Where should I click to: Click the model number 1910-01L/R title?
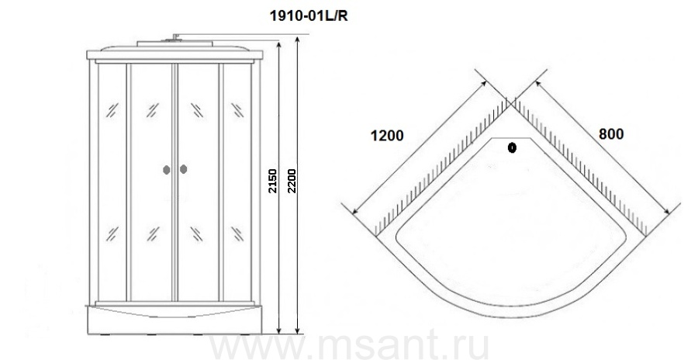tap(309, 16)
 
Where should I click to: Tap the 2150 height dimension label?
tap(272, 181)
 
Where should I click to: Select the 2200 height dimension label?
tap(292, 181)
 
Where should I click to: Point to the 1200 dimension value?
tap(387, 136)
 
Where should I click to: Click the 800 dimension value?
tap(611, 133)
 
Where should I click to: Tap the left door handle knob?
tap(167, 169)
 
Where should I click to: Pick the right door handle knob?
tap(183, 169)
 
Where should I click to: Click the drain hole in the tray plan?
tap(512, 147)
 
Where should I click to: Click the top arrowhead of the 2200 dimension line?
tap(298, 40)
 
